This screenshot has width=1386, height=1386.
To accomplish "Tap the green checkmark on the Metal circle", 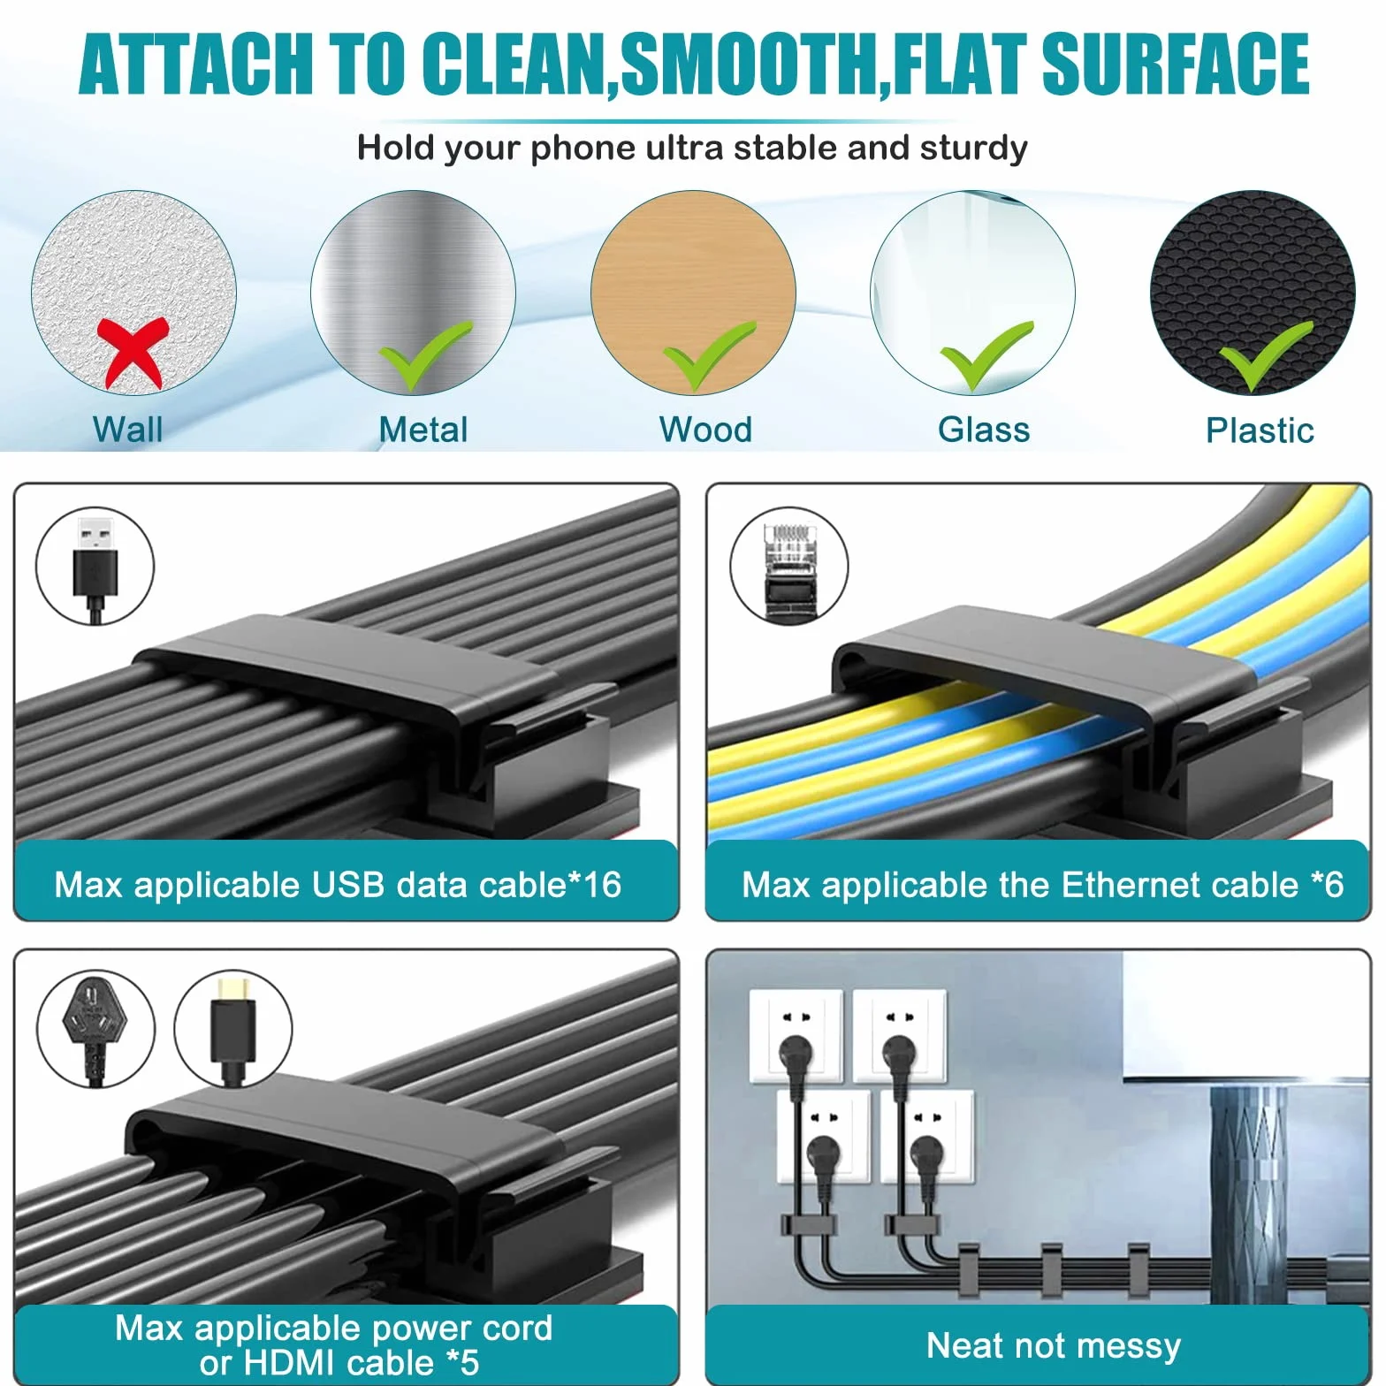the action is tap(424, 355).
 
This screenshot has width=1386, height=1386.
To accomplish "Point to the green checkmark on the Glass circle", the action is tap(986, 355).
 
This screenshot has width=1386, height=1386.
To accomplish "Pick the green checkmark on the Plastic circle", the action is tap(1265, 355).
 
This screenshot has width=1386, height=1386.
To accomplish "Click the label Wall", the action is tap(128, 430).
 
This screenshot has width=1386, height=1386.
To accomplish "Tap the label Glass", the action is tap(984, 430).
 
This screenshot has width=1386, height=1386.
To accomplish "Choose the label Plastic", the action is tap(1260, 430).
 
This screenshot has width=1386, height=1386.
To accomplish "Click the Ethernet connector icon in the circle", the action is tap(788, 567).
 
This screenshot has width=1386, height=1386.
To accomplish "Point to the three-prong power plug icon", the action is tap(95, 1030).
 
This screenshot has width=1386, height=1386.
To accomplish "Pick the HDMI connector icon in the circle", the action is tap(232, 1029).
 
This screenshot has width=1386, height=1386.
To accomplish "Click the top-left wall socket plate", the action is tap(796, 1036).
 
